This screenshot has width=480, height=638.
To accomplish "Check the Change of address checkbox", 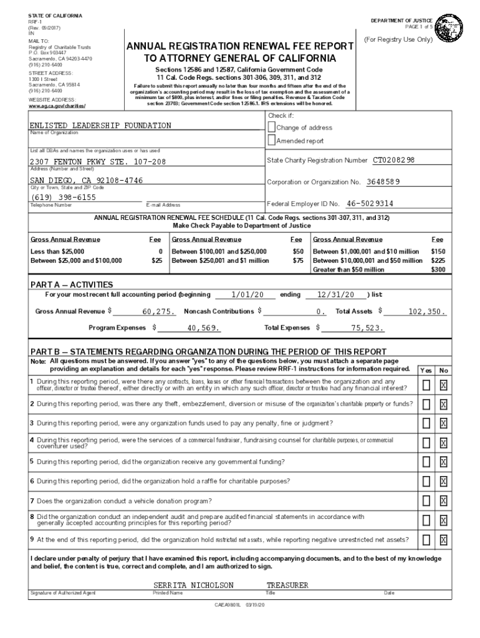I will click(271, 127).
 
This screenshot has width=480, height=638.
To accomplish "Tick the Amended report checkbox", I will click(271, 141).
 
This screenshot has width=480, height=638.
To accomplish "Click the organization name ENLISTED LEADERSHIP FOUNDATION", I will click(100, 126).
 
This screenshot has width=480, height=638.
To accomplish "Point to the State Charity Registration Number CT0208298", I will click(393, 161).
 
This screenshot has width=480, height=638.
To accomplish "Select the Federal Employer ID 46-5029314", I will click(370, 204).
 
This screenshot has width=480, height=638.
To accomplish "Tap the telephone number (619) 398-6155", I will click(64, 197).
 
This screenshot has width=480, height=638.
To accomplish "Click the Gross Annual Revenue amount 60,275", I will click(158, 312).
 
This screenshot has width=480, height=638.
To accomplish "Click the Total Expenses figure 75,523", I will click(367, 328).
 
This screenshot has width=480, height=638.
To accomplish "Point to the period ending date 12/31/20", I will click(335, 295).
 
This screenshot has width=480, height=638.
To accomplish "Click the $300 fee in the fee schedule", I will click(438, 270).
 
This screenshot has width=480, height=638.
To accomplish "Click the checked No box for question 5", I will click(443, 462).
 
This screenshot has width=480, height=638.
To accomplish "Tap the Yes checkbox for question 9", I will click(426, 540).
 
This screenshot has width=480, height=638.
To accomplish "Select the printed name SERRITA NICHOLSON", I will click(193, 586).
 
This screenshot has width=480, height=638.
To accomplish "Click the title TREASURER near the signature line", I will click(287, 586).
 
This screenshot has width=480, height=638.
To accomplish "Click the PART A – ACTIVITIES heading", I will click(72, 285).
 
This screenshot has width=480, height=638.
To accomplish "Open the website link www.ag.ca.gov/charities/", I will click(61, 106).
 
